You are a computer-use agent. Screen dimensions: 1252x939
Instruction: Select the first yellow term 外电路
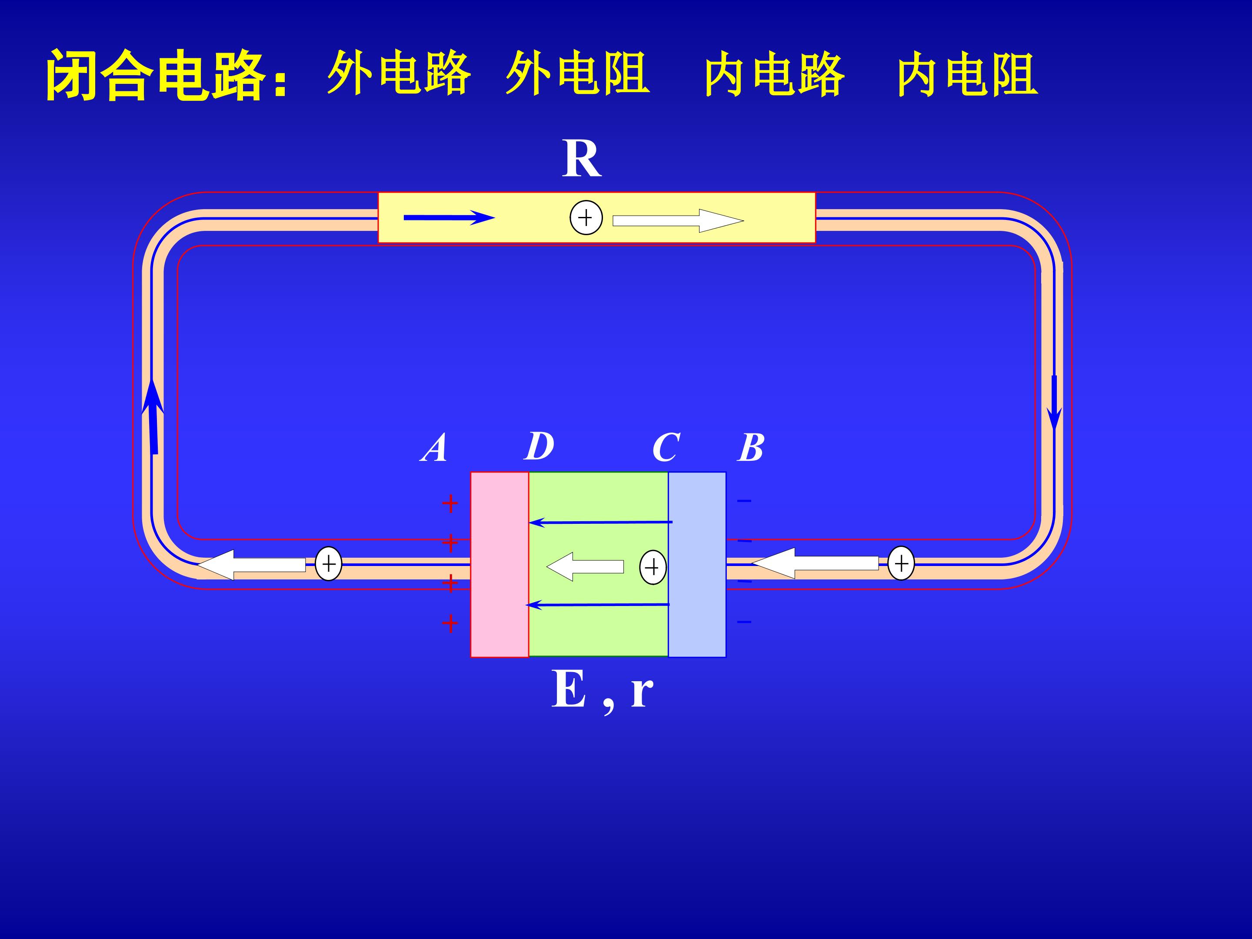click(x=399, y=73)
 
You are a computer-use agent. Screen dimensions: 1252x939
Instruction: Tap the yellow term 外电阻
click(x=577, y=73)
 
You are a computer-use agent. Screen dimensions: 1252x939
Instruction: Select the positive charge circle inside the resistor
click(x=586, y=217)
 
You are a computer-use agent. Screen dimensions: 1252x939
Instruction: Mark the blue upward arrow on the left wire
click(x=153, y=416)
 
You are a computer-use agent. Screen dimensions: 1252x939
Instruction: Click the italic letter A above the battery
click(x=434, y=448)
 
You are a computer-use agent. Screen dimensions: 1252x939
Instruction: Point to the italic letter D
click(x=539, y=446)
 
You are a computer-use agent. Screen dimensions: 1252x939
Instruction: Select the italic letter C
click(x=666, y=448)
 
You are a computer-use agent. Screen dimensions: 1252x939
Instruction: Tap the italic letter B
click(x=751, y=448)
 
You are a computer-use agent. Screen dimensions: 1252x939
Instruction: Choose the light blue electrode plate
click(x=697, y=564)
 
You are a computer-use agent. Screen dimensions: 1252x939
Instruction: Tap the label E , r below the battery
click(x=602, y=690)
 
